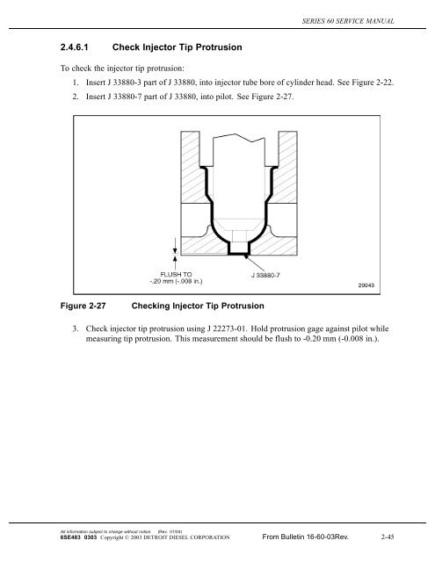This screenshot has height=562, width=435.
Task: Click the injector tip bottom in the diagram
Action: click(x=237, y=254)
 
